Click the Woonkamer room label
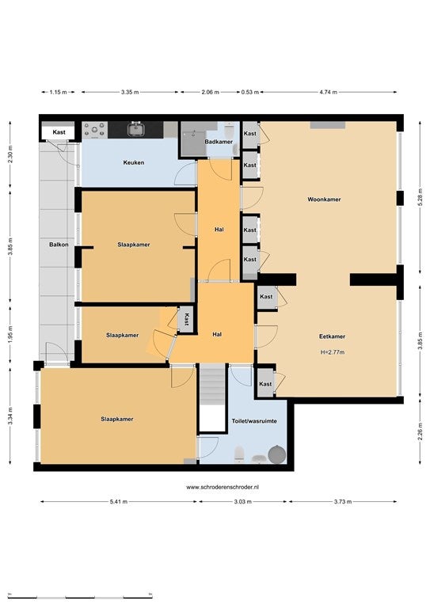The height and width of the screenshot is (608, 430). tap(324, 199)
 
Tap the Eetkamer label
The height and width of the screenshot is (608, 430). tap(332, 336)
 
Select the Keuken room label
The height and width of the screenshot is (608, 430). tap(133, 162)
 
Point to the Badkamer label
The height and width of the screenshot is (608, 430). tap(219, 142)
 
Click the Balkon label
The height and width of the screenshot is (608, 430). tap(59, 245)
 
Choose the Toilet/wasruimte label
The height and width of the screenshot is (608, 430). tap(254, 420)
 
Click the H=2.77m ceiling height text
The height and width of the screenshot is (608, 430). tap(333, 352)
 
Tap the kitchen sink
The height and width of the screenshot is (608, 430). tap(135, 129)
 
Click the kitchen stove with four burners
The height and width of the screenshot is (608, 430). tap(94, 130)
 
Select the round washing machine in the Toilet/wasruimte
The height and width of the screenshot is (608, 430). tap(277, 454)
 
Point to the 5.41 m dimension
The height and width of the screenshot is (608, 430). tap(119, 501)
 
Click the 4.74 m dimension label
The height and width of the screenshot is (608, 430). tap(328, 93)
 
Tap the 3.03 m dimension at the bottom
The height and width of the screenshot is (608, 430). tap(243, 501)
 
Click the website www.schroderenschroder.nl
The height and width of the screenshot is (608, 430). tap(223, 488)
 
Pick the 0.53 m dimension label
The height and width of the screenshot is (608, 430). tap(249, 93)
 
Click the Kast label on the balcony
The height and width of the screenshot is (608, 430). tap(59, 132)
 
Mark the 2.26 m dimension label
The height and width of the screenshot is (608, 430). tap(420, 431)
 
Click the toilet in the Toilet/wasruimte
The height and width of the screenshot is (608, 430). tap(239, 454)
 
